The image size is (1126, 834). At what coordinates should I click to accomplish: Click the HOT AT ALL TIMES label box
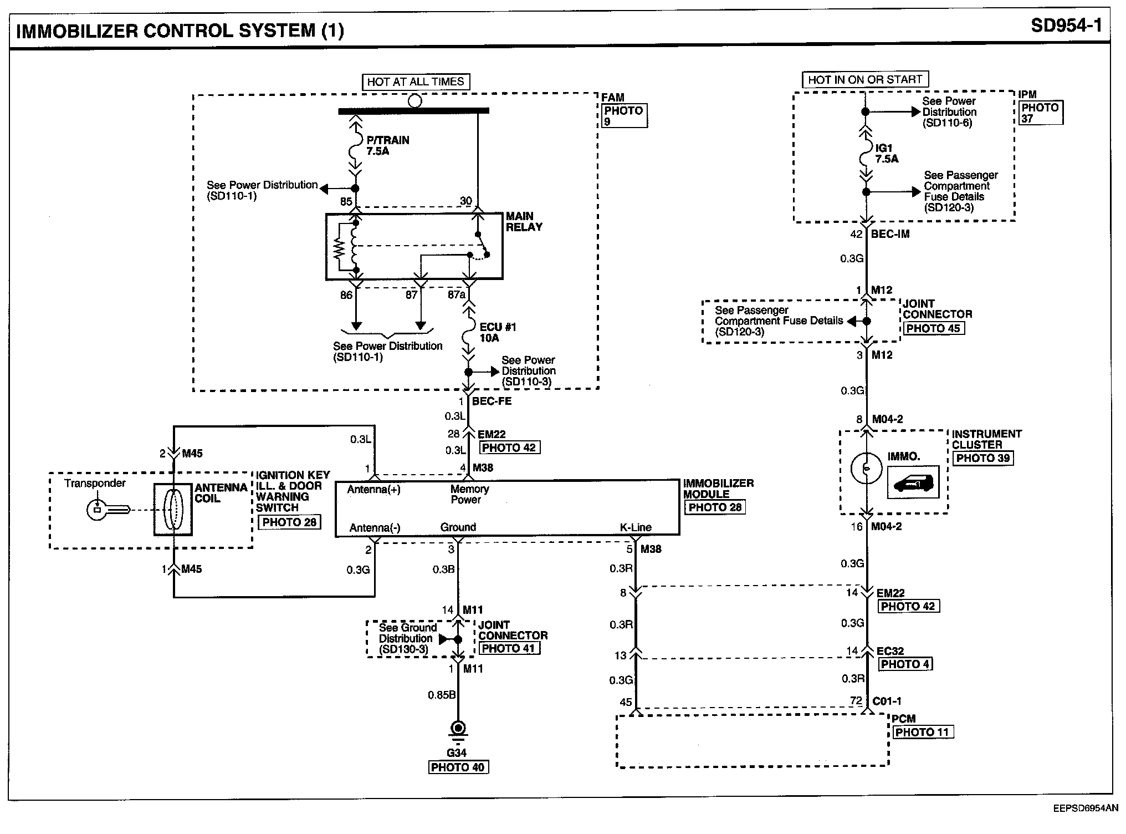click(415, 82)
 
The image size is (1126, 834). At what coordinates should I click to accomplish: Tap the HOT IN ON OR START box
click(865, 80)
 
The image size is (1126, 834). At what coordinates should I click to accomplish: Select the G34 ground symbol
click(457, 730)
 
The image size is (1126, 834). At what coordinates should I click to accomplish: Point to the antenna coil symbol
click(173, 510)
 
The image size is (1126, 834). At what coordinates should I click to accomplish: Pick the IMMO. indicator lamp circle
click(866, 469)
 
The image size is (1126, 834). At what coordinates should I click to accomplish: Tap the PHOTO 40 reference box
click(458, 767)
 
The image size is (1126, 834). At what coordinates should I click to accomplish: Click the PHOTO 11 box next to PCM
click(922, 732)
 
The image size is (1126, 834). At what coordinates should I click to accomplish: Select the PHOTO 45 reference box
click(933, 328)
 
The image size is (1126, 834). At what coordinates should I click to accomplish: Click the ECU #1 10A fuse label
click(497, 332)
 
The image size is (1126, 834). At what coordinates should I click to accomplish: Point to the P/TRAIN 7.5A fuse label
click(387, 145)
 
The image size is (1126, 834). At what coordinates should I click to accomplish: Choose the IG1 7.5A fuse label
click(887, 153)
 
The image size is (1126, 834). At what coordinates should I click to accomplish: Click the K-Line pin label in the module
click(636, 527)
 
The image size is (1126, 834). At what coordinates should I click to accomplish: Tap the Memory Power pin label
click(469, 494)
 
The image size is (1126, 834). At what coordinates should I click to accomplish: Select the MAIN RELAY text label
click(524, 221)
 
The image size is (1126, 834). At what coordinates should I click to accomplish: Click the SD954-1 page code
click(1066, 26)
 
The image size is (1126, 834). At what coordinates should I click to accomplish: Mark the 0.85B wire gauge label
click(442, 694)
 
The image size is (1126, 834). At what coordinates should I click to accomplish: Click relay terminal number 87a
click(456, 294)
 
